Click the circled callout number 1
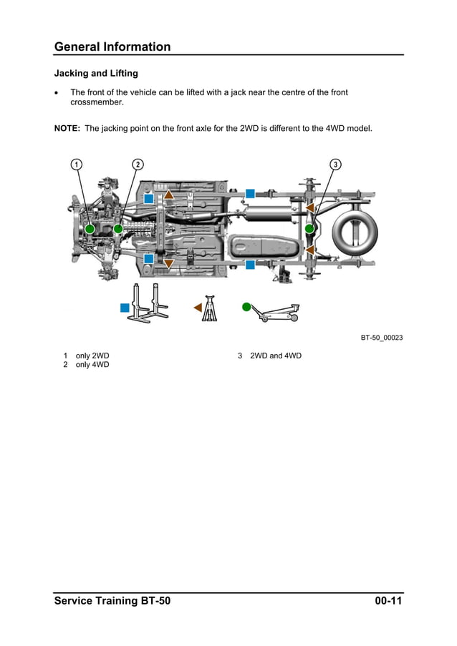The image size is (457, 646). pyautogui.click(x=76, y=165)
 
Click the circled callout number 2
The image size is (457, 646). pyautogui.click(x=138, y=165)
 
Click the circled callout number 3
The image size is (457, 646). pyautogui.click(x=335, y=165)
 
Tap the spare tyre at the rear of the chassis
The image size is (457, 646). pyautogui.click(x=355, y=229)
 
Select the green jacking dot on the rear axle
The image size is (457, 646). pyautogui.click(x=309, y=229)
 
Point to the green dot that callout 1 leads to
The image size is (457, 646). pyautogui.click(x=90, y=229)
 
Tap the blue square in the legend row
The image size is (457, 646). pyautogui.click(x=125, y=308)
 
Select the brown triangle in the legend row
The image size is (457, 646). pyautogui.click(x=198, y=308)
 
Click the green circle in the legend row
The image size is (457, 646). pyautogui.click(x=246, y=307)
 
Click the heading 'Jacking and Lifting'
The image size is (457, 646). pyautogui.click(x=96, y=74)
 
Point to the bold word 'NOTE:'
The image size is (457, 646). pyautogui.click(x=67, y=129)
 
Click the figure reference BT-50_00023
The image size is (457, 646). pyautogui.click(x=381, y=338)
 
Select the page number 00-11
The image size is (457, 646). pyautogui.click(x=388, y=601)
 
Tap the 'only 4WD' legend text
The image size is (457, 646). pyautogui.click(x=92, y=365)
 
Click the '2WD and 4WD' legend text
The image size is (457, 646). pyautogui.click(x=275, y=356)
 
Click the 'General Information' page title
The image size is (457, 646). pyautogui.click(x=112, y=47)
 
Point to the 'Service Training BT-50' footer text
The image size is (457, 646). pyautogui.click(x=112, y=601)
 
